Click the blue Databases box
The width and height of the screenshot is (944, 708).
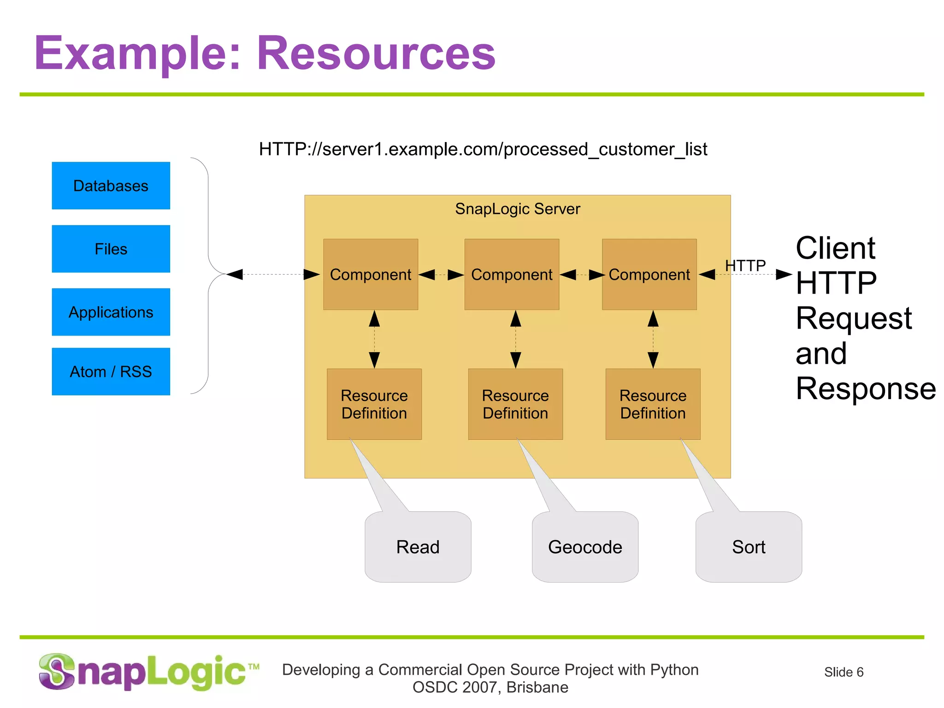pyautogui.click(x=111, y=186)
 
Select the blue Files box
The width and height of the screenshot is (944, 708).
pyautogui.click(x=111, y=249)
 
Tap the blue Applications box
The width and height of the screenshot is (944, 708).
pyautogui.click(x=111, y=312)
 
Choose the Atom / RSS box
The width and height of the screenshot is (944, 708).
pyautogui.click(x=111, y=372)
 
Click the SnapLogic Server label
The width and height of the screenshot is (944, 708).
pyautogui.click(x=517, y=209)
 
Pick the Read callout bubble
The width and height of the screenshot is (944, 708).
pyautogui.click(x=418, y=547)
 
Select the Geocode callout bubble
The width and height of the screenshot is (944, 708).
pyautogui.click(x=585, y=547)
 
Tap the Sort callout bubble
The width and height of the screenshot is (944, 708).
pyautogui.click(x=749, y=547)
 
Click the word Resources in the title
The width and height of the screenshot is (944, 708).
pyautogui.click(x=376, y=53)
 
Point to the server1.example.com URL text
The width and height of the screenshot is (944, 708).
pyautogui.click(x=483, y=149)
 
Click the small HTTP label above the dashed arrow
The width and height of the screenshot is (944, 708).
pyautogui.click(x=745, y=265)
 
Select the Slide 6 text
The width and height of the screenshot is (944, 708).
pyautogui.click(x=844, y=672)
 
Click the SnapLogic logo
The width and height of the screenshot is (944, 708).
pyautogui.click(x=147, y=672)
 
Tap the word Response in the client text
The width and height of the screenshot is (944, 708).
pyautogui.click(x=865, y=388)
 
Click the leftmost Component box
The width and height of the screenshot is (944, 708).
pyautogui.click(x=371, y=274)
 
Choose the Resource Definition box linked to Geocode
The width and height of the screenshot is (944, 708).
pyautogui.click(x=515, y=404)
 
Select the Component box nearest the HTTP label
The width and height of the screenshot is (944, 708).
pyautogui.click(x=649, y=274)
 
